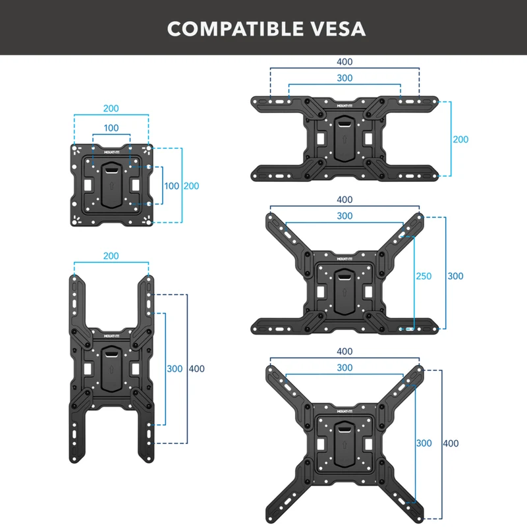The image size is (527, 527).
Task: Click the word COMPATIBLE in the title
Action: pyautogui.click(x=235, y=29)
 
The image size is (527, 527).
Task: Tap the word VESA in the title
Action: pyautogui.click(x=338, y=29)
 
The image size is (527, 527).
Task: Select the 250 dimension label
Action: pyautogui.click(x=424, y=276)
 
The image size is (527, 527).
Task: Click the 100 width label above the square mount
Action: pyautogui.click(x=111, y=128)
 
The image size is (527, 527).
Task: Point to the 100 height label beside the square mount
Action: pyautogui.click(x=171, y=186)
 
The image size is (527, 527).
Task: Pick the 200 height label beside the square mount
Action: pyautogui.click(x=191, y=186)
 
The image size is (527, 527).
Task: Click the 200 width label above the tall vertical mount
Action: pyautogui.click(x=111, y=256)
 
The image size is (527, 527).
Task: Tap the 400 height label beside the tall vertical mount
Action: pyautogui.click(x=196, y=369)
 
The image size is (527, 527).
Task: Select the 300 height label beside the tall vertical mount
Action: pyautogui.click(x=175, y=369)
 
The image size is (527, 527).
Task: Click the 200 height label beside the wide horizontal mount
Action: pyautogui.click(x=460, y=139)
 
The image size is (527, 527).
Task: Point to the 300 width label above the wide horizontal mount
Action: pyautogui.click(x=345, y=78)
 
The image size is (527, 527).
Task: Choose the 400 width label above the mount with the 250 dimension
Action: pyautogui.click(x=345, y=200)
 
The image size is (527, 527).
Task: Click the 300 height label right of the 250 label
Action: pyautogui.click(x=455, y=276)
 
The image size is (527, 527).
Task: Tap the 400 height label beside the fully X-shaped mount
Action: pyautogui.click(x=451, y=443)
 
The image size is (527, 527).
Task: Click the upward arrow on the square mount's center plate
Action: pyautogui.click(x=111, y=186)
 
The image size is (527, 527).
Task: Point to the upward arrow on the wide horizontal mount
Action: pyautogui.click(x=345, y=139)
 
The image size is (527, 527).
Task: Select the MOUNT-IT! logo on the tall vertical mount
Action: pyautogui.click(x=111, y=336)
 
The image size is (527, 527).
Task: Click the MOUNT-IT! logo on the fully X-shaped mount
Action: pyautogui.click(x=345, y=411)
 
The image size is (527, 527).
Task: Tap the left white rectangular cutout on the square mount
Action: pyautogui.click(x=88, y=185)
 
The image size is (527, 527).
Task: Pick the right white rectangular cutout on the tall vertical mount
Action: pyautogui.click(x=136, y=369)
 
